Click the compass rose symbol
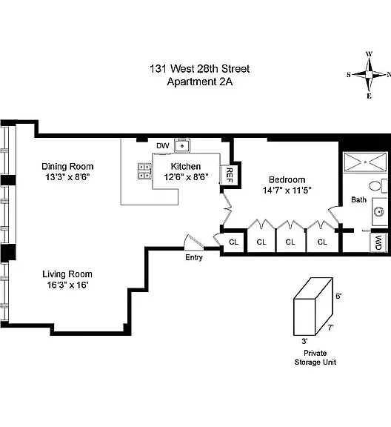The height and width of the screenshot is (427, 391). [369, 75]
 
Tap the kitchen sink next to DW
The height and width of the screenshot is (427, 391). [182, 146]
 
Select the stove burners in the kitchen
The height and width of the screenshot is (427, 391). [144, 171]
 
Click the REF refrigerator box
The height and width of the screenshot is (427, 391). [229, 175]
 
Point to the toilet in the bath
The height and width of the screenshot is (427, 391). [378, 186]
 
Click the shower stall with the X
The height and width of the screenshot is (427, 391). [365, 162]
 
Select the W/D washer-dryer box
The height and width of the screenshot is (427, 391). [378, 242]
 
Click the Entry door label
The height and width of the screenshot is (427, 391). [194, 257]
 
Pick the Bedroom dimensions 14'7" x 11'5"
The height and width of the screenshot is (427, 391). [287, 190]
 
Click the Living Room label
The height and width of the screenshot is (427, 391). [67, 274]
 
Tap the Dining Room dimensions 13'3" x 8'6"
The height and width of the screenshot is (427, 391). [67, 177]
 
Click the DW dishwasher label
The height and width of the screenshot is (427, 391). [163, 146]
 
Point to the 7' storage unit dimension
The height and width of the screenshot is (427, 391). [330, 328]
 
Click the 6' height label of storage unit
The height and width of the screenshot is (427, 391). [338, 296]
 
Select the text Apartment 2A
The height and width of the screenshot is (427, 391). [200, 82]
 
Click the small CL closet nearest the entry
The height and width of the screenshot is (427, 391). [233, 242]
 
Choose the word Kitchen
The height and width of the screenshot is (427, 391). [186, 166]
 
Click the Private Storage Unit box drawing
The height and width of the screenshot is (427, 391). [313, 307]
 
